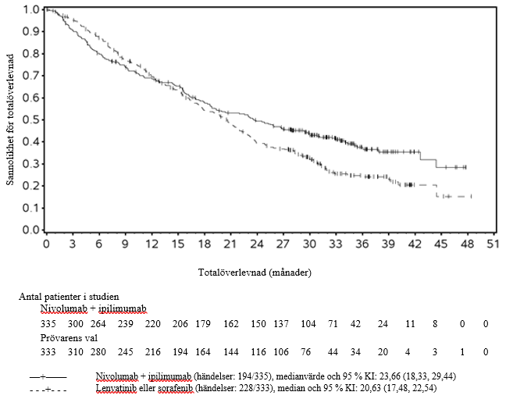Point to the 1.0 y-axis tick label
pyautogui.click(x=30, y=9)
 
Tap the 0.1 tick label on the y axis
pyautogui.click(x=30, y=208)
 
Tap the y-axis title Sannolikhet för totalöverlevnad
pyautogui.click(x=10, y=119)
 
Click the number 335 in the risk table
pyautogui.click(x=49, y=323)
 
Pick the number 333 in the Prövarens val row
pyautogui.click(x=49, y=351)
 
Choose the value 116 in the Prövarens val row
pyautogui.click(x=257, y=351)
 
